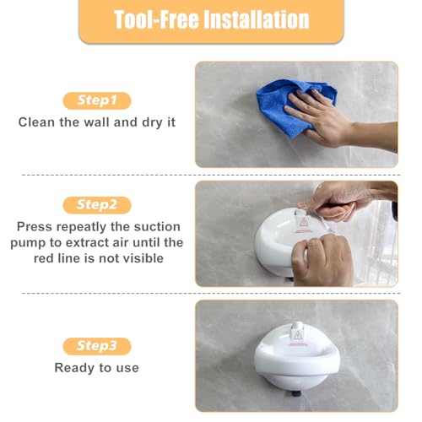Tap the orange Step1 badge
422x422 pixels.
(x=95, y=100)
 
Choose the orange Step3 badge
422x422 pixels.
(x=95, y=346)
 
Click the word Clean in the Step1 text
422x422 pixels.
(x=38, y=122)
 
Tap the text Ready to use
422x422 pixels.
(x=96, y=367)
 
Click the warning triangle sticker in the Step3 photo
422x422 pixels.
(x=296, y=338)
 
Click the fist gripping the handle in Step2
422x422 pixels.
(x=322, y=257)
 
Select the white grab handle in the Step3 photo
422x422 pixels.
(x=296, y=371)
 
